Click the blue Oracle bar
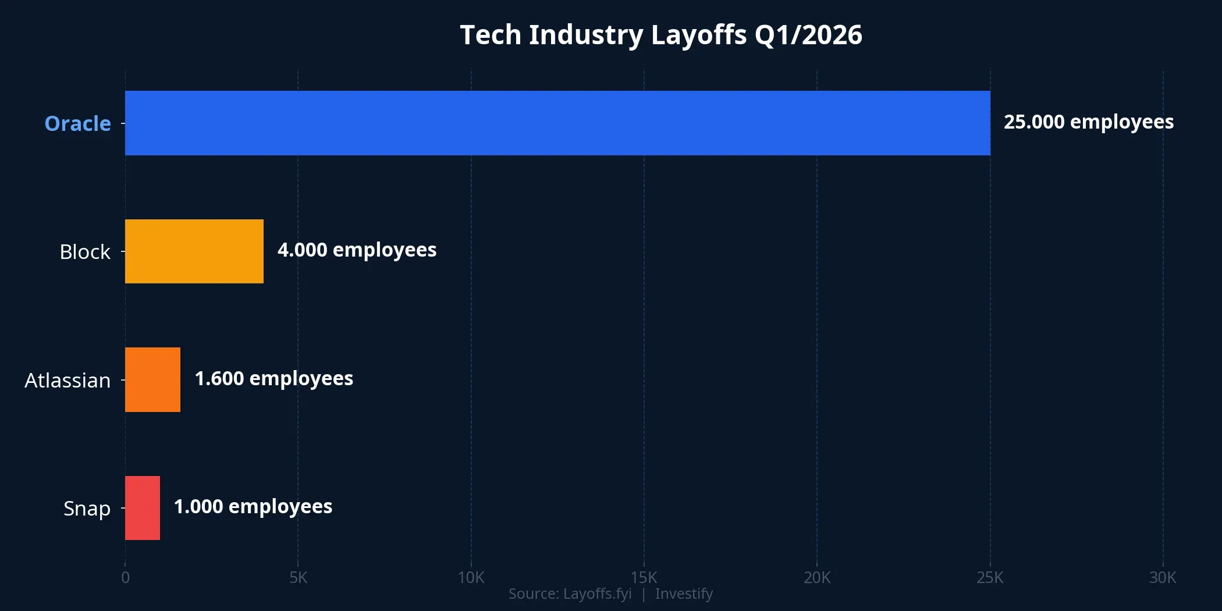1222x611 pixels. pyautogui.click(x=557, y=123)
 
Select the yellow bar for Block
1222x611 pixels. pyautogui.click(x=194, y=251)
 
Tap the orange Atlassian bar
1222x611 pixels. pyautogui.click(x=152, y=379)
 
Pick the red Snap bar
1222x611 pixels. pyautogui.click(x=142, y=508)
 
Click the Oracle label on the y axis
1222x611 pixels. pyautogui.click(x=77, y=123)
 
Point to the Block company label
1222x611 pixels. pyautogui.click(x=85, y=252)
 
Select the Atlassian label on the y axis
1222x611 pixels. pyautogui.click(x=68, y=381)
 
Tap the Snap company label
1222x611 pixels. pyautogui.click(x=87, y=509)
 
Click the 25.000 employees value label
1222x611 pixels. pyautogui.click(x=1088, y=122)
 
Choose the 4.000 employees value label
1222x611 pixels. pyautogui.click(x=357, y=250)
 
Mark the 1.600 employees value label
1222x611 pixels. pyautogui.click(x=273, y=379)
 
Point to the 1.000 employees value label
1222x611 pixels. pyautogui.click(x=253, y=507)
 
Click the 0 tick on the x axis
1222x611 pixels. pyautogui.click(x=125, y=578)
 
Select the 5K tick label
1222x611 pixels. pyautogui.click(x=298, y=578)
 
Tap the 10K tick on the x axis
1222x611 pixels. pyautogui.click(x=471, y=578)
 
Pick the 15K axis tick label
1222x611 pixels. pyautogui.click(x=644, y=578)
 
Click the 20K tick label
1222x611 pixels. pyautogui.click(x=817, y=578)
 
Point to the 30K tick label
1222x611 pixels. pyautogui.click(x=1163, y=578)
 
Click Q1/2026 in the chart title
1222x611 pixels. pyautogui.click(x=808, y=35)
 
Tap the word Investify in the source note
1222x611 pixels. pyautogui.click(x=684, y=594)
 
